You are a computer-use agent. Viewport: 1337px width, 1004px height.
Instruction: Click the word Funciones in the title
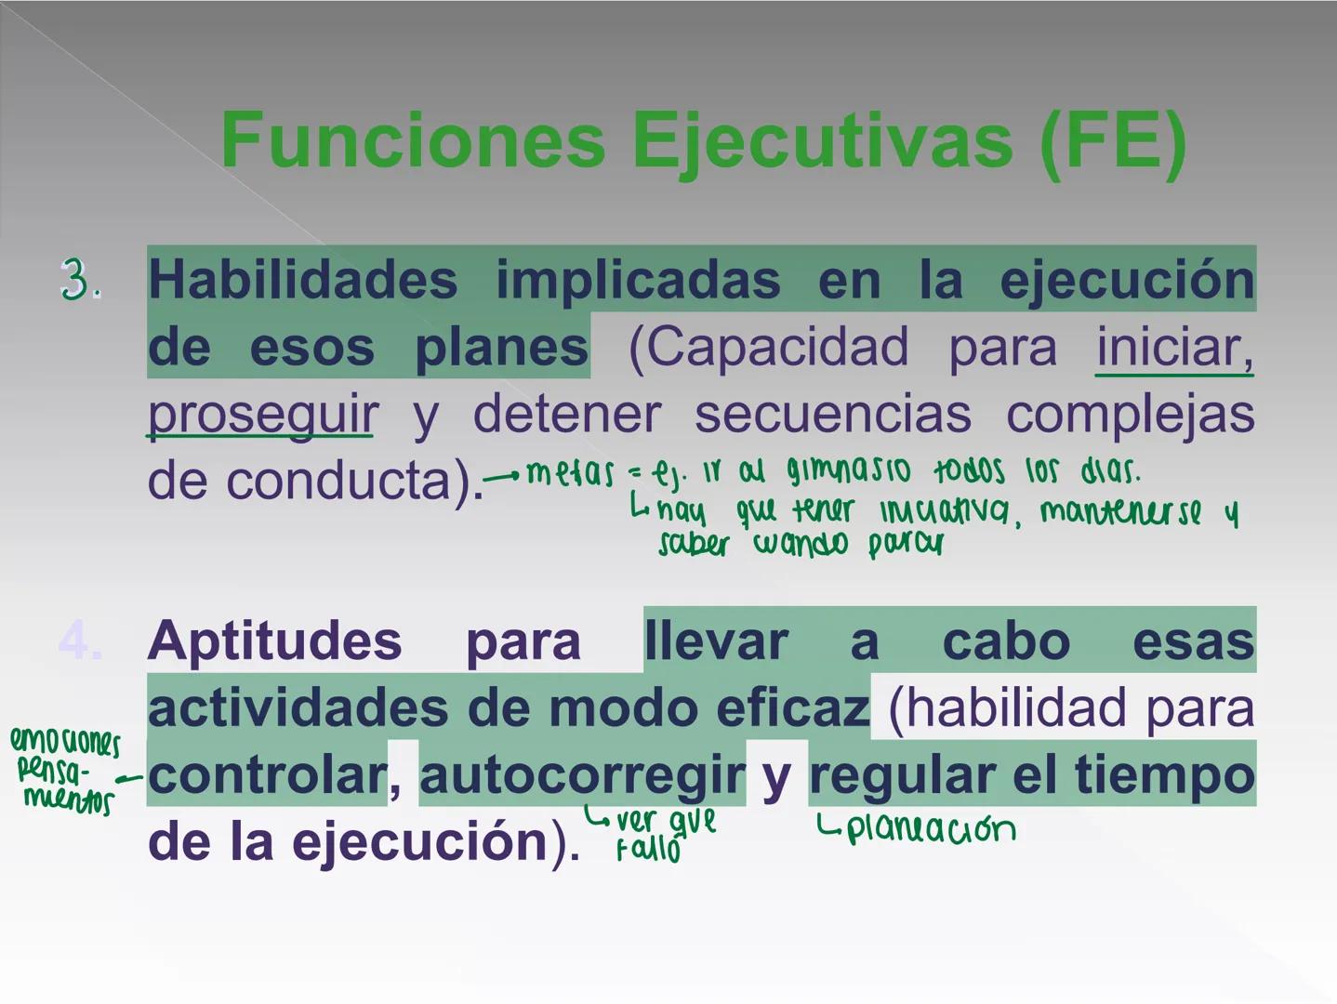pyautogui.click(x=413, y=141)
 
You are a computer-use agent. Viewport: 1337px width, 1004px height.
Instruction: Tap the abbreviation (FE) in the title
pyautogui.click(x=1113, y=141)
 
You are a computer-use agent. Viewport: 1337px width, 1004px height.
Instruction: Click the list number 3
pyautogui.click(x=80, y=280)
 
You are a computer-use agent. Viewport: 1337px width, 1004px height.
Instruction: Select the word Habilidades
pyautogui.click(x=302, y=280)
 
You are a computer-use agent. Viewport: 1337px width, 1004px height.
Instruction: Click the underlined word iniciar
pyautogui.click(x=1174, y=348)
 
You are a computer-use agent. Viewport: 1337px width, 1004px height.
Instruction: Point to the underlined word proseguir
pyautogui.click(x=262, y=415)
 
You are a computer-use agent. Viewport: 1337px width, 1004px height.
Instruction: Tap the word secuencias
pyautogui.click(x=832, y=415)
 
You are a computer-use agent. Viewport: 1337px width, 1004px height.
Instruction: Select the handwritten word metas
pyautogui.click(x=570, y=473)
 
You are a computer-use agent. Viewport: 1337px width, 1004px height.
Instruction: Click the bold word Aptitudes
pyautogui.click(x=274, y=641)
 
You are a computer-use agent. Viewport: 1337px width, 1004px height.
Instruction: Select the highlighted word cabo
pyautogui.click(x=1006, y=641)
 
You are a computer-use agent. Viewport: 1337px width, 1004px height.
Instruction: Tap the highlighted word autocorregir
pyautogui.click(x=582, y=775)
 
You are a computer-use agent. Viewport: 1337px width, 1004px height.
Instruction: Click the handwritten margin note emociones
pyautogui.click(x=65, y=742)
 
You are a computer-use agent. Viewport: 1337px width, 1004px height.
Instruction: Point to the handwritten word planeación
pyautogui.click(x=930, y=828)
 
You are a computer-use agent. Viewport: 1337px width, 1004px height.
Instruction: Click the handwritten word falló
pyautogui.click(x=648, y=850)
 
